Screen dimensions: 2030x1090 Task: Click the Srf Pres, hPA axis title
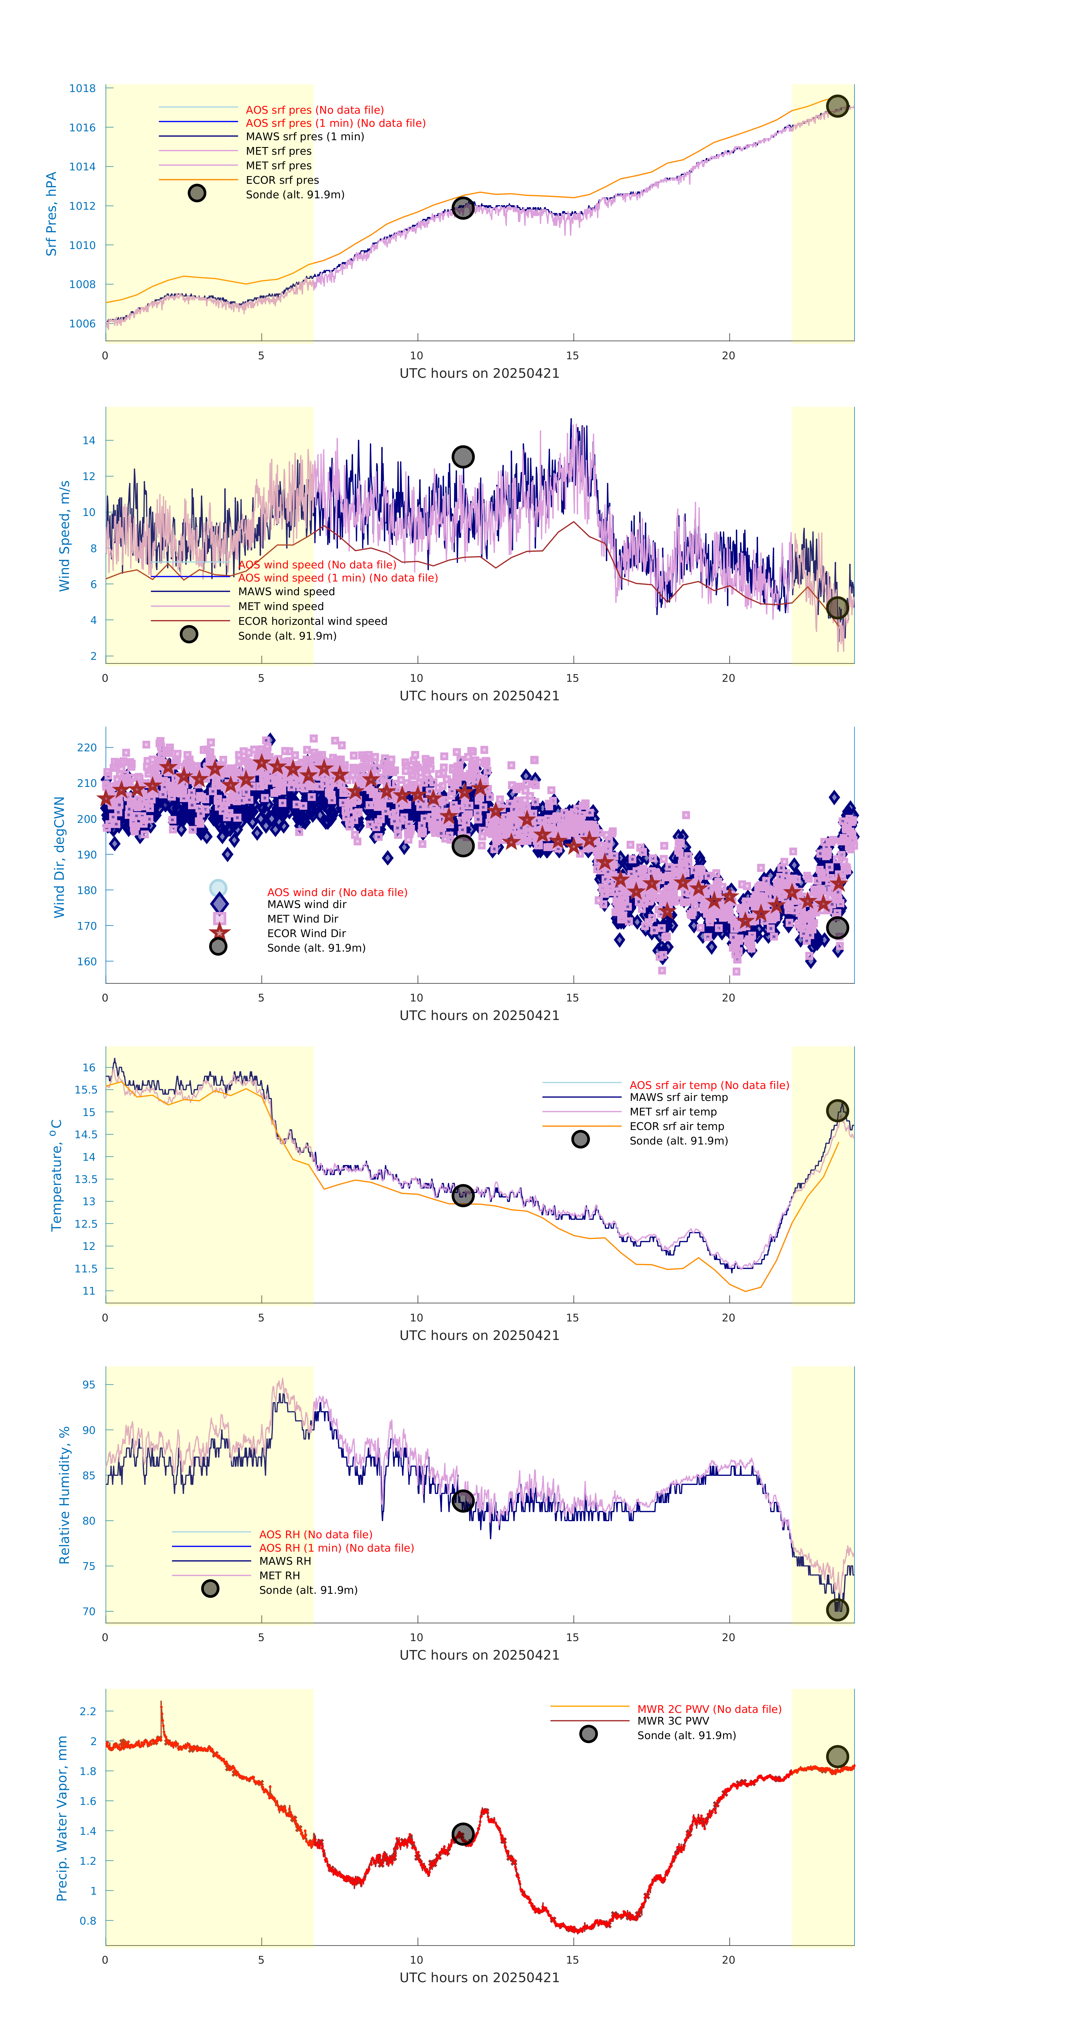point(51,214)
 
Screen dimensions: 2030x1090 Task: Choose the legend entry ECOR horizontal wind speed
point(312,621)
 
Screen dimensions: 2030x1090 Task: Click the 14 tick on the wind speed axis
point(89,440)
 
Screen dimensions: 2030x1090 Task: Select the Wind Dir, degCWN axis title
point(59,857)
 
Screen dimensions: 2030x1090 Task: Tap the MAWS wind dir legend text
point(307,905)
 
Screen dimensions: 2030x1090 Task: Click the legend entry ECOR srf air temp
point(676,1126)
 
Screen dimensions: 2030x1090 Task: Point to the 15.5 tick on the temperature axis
point(86,1090)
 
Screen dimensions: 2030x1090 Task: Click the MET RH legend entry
point(279,1575)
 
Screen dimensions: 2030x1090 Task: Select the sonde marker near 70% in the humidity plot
point(837,1609)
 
